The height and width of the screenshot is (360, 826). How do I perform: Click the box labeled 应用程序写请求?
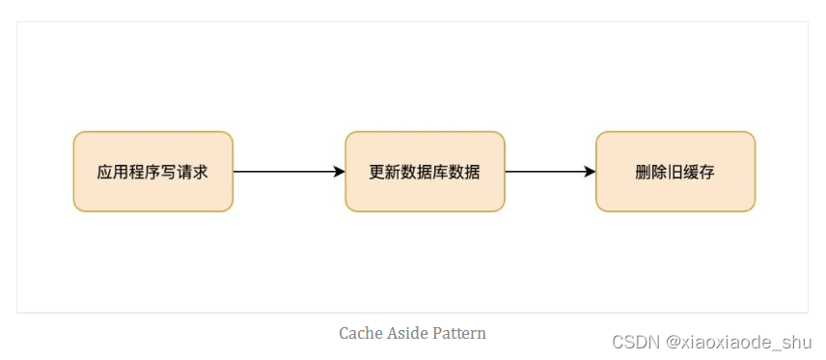click(152, 171)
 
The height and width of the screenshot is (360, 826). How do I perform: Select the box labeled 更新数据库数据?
click(425, 171)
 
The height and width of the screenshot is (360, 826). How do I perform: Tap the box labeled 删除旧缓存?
click(675, 171)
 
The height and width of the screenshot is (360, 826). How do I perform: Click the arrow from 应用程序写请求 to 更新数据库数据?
click(285, 172)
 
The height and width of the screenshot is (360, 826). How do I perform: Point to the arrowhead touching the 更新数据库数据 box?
click(339, 172)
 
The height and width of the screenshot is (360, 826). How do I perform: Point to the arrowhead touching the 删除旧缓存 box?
click(590, 172)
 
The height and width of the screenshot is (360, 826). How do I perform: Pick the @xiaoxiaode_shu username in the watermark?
click(745, 342)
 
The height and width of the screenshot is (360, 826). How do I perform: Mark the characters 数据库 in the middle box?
click(425, 173)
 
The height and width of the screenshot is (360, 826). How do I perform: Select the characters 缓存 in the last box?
click(702, 173)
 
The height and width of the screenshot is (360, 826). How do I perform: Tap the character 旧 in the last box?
click(675, 173)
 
